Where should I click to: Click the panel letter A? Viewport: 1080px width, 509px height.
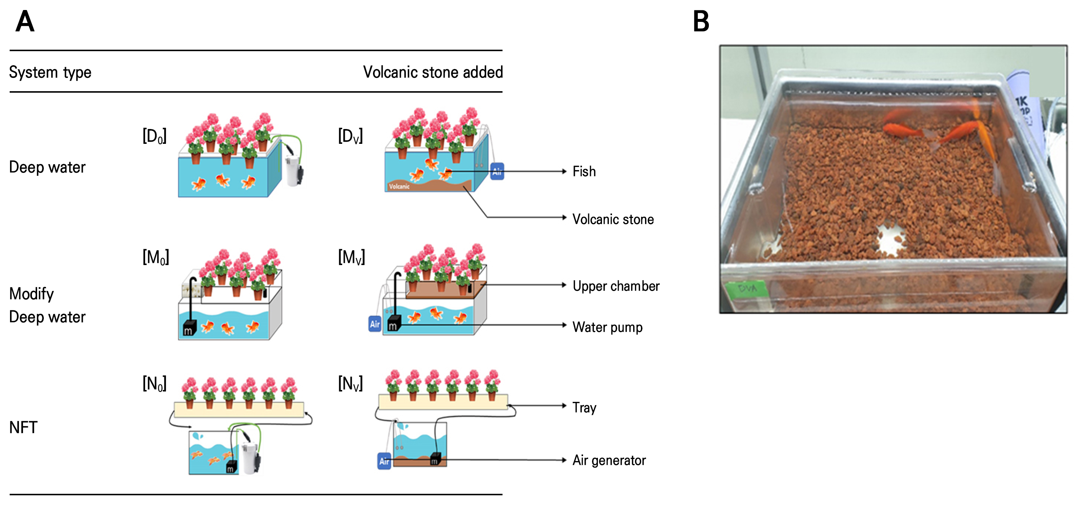point(25,22)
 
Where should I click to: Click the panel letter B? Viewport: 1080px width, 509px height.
point(701,22)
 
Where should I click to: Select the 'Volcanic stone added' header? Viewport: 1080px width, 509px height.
point(433,72)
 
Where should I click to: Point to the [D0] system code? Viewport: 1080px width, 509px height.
point(154,136)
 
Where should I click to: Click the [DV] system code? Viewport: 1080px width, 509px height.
point(350,136)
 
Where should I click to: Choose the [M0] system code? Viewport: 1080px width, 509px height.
point(156,257)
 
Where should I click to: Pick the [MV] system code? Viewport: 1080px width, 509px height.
point(351,257)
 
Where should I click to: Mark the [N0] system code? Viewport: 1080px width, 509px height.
point(154,383)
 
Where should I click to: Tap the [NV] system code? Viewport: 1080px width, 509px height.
point(350,383)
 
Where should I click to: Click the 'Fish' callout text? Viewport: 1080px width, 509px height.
point(584,171)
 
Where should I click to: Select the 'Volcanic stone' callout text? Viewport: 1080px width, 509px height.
point(613,219)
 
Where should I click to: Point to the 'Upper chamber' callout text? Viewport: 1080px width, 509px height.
point(616,286)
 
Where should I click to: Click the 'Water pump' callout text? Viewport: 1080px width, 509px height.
point(608,327)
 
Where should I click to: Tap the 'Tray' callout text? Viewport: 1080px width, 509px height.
point(585,408)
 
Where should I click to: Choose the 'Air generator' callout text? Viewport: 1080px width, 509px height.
point(609,460)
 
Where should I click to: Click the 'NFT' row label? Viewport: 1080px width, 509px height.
point(23,428)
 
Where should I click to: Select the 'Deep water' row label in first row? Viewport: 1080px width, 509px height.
point(47,167)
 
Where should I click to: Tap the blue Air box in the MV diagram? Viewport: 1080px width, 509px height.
point(375,324)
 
